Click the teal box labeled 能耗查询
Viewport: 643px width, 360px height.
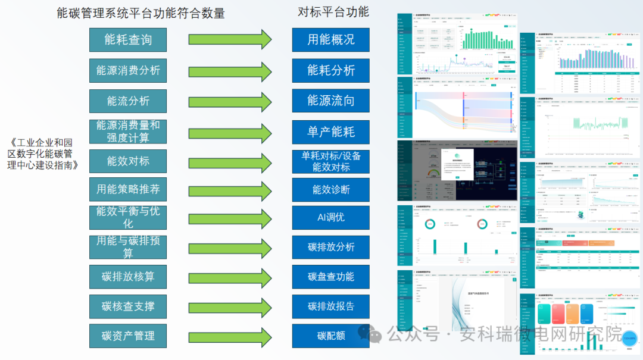coord(128,40)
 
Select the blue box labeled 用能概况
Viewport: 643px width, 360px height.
coord(330,40)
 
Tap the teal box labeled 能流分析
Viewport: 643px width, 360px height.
coord(128,101)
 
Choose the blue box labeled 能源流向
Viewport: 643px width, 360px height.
coord(330,101)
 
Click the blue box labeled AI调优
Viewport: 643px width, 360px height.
coord(330,218)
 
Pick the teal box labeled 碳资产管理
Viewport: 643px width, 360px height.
coord(128,336)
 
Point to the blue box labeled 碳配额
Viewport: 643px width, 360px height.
coord(330,336)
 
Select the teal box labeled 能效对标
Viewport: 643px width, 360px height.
coord(128,161)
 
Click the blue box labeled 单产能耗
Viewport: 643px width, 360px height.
coord(330,132)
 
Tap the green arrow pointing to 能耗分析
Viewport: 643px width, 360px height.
coord(230,71)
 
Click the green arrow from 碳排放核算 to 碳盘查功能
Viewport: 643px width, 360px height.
coord(230,277)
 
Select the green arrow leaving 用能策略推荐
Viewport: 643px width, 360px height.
coord(230,190)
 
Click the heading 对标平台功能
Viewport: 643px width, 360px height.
coord(333,11)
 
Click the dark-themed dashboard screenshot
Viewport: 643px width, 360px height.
coord(456,170)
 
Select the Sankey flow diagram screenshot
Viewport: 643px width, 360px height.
coord(456,107)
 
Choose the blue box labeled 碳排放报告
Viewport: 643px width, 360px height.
coord(330,306)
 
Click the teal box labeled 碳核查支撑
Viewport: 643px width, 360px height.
coord(128,306)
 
